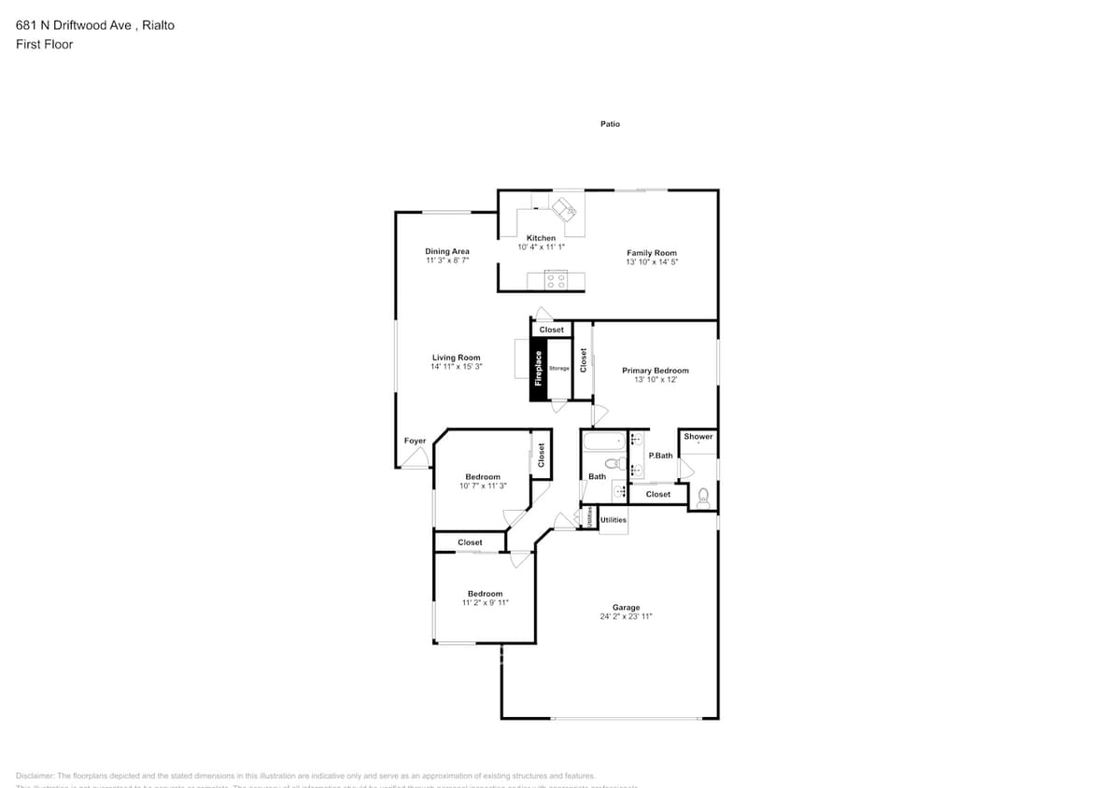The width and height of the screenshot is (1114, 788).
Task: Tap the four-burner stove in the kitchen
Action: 556,279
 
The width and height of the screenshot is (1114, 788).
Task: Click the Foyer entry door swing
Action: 416,457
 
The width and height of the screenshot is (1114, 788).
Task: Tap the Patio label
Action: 610,124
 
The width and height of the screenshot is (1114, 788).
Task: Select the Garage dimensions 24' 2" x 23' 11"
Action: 626,617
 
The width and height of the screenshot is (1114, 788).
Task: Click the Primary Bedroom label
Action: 655,371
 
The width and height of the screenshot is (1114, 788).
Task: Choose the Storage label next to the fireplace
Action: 558,369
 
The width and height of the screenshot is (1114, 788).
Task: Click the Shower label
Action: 698,437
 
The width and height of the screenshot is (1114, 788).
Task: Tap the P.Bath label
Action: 660,456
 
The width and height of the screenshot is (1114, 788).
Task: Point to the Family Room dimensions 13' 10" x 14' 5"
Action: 652,262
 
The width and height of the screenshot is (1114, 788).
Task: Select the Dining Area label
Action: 447,251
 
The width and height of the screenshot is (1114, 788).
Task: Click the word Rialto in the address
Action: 158,25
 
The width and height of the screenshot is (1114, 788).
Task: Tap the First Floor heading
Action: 45,44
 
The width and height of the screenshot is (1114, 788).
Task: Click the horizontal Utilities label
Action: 613,520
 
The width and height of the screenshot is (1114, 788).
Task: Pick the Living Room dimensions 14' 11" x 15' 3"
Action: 457,367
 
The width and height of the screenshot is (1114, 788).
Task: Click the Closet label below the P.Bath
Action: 657,494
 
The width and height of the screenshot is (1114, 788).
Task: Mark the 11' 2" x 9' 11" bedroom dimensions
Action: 485,603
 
